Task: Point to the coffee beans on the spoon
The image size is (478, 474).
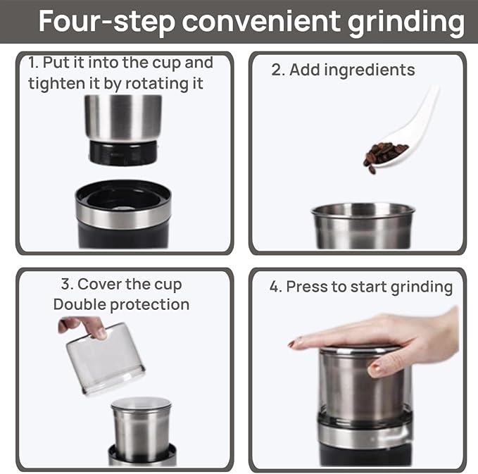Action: tap(383, 154)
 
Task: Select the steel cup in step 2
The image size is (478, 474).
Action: tap(363, 225)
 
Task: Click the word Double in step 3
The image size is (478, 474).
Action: tap(79, 304)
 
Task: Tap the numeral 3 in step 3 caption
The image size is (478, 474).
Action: tap(66, 285)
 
